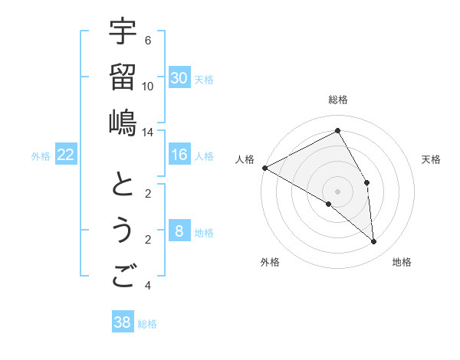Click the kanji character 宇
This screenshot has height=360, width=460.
123,32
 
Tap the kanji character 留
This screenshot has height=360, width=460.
123,77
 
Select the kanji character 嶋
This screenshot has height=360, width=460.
123,123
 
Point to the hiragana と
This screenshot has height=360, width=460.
123,185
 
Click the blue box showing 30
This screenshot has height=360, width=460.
179,78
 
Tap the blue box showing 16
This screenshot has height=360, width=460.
179,155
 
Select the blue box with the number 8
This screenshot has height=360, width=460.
179,231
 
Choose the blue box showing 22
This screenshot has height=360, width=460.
66,155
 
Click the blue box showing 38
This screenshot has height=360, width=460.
123,322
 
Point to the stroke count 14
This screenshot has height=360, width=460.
148,133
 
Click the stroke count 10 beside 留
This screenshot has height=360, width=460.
148,87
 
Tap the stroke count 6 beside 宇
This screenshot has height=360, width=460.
148,41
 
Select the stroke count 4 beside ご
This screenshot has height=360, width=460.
148,286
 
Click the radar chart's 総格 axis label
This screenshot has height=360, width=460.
338,100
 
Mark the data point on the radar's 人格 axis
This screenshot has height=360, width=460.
264,167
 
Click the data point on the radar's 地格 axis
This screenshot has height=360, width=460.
374,242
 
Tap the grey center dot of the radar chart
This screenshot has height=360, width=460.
338,191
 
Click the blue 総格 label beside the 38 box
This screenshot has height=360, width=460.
147,324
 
